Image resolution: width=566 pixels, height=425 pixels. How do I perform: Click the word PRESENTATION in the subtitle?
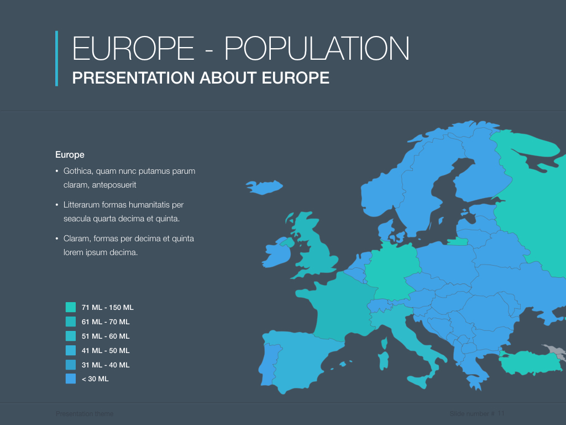tap(132, 78)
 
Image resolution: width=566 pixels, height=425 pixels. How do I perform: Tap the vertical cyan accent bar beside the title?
tap(56, 58)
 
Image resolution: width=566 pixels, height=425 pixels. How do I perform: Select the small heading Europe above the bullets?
tap(70, 155)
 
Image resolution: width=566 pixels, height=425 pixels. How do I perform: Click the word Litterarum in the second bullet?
tap(82, 205)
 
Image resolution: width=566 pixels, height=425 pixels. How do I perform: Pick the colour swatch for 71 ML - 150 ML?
tap(71, 307)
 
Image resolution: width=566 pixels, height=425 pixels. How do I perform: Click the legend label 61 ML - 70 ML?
tap(106, 322)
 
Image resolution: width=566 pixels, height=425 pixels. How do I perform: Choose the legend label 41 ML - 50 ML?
tap(106, 350)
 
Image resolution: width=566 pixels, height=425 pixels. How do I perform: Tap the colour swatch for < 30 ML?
tap(71, 379)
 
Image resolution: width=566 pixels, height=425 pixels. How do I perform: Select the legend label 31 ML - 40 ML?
tap(106, 365)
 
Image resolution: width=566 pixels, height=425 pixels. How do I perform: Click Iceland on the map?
tap(264, 186)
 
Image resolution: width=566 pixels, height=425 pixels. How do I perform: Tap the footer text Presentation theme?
tap(84, 414)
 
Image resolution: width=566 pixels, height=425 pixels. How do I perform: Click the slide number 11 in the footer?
tap(501, 414)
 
